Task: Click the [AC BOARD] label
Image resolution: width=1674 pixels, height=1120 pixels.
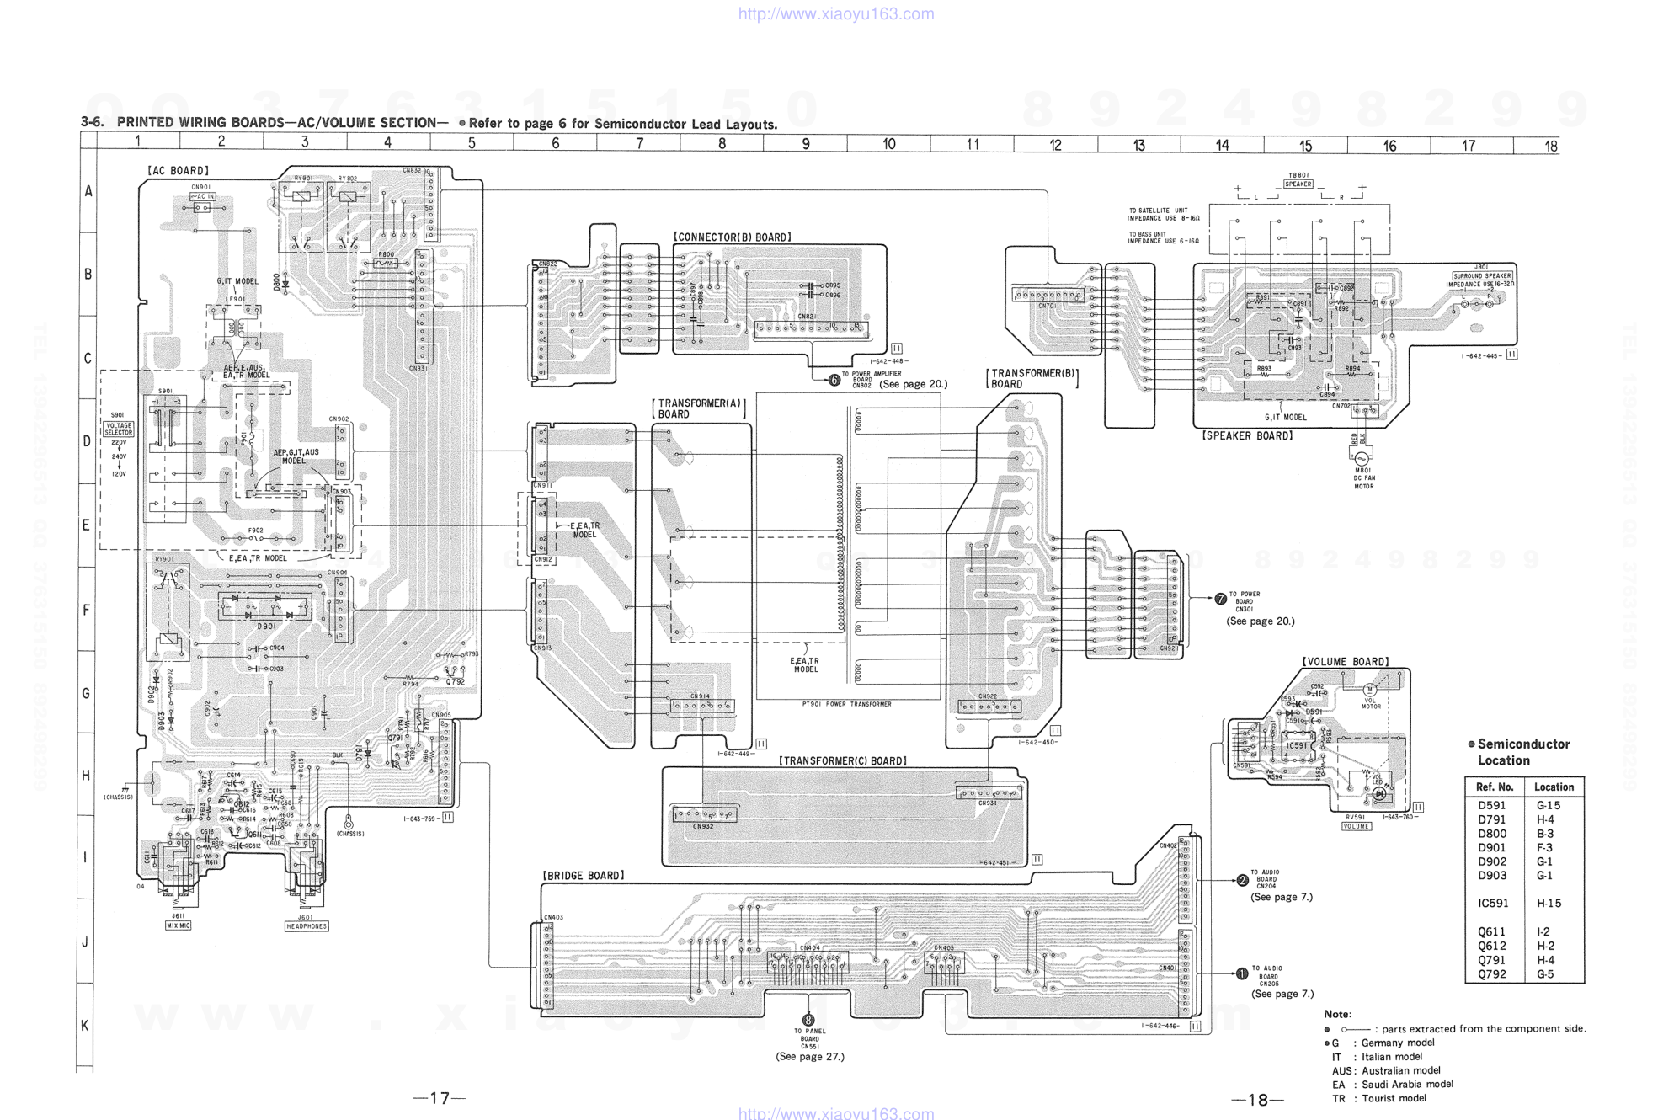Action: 178,171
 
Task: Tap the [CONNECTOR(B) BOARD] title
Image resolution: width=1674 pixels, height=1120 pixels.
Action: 732,237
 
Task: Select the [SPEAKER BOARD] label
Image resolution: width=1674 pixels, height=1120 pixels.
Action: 1247,435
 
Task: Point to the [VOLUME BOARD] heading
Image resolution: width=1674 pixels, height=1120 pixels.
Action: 1346,662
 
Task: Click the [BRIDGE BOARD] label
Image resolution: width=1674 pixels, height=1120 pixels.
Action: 584,876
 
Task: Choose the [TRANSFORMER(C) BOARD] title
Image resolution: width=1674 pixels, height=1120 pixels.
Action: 843,761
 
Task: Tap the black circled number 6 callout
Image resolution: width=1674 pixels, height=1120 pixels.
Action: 834,381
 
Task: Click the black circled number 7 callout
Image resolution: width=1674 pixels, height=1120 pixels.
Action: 1221,599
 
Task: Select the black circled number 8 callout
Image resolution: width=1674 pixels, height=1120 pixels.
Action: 808,1020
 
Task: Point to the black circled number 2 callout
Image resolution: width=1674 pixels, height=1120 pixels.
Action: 1242,881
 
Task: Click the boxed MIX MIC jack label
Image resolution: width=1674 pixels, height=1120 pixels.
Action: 178,925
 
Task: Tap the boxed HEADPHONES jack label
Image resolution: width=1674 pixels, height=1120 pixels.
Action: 307,926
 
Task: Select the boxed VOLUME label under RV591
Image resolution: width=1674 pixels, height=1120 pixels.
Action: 1356,826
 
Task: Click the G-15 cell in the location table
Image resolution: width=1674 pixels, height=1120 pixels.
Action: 1548,805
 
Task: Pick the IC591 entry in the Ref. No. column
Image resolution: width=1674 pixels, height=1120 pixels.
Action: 1494,904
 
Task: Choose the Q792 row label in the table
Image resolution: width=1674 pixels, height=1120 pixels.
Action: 1491,974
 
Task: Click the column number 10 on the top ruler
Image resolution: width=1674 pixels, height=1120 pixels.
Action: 888,144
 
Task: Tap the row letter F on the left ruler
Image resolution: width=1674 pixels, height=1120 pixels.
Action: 86,610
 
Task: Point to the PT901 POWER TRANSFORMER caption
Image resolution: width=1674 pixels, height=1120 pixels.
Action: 846,704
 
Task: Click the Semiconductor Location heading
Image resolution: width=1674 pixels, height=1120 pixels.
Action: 1523,752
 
